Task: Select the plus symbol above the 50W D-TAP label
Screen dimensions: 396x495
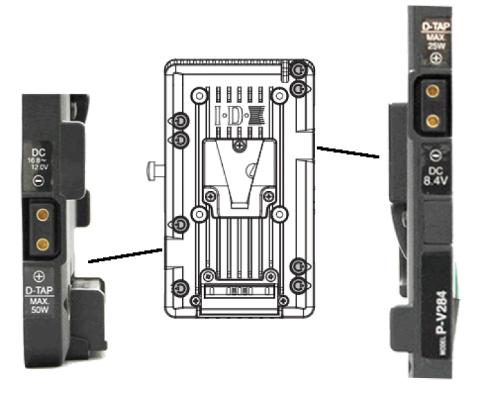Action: click(x=38, y=277)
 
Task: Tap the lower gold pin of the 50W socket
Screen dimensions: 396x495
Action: click(x=42, y=242)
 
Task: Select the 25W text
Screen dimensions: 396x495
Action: click(x=435, y=46)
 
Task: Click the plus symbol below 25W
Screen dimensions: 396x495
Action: click(x=435, y=60)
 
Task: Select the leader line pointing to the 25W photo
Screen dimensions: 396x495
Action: click(x=347, y=151)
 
